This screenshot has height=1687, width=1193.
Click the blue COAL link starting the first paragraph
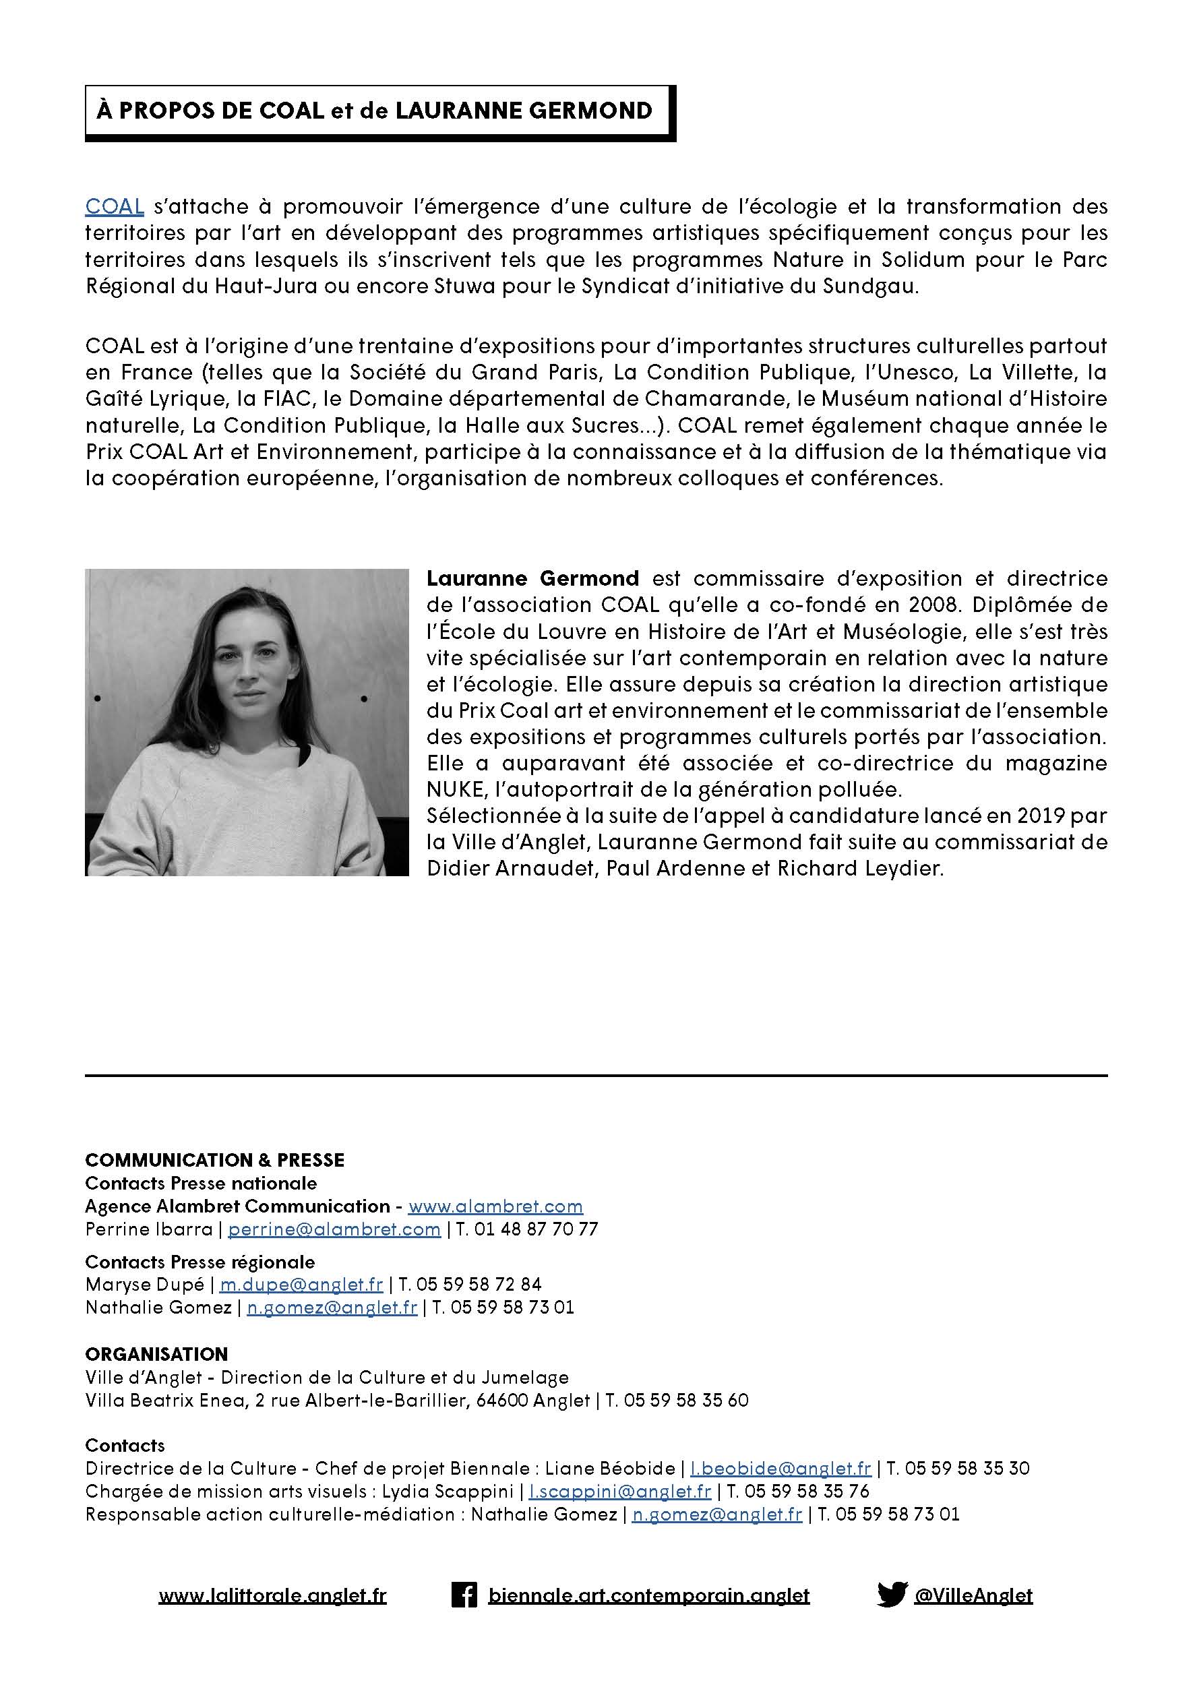(115, 206)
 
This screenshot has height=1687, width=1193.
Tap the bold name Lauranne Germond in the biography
(532, 578)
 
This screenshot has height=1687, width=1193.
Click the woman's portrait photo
(247, 722)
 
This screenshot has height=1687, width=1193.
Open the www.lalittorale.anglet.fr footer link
(272, 1596)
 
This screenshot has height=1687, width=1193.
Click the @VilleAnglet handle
(973, 1596)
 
